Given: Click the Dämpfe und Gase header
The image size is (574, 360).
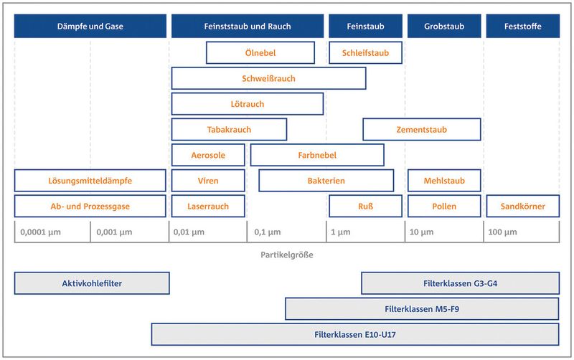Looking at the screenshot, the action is [90, 26].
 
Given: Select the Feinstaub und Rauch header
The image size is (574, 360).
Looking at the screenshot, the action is [248, 26].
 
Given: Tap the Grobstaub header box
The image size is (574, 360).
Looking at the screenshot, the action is [444, 26].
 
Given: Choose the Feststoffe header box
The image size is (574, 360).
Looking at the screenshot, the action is [523, 26].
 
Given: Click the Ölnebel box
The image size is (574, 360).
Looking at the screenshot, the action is [260, 52].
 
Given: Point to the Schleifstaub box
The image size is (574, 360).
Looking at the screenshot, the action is [365, 52].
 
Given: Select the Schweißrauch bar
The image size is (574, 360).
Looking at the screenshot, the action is [268, 78].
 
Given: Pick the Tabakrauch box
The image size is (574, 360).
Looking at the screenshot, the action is [229, 130].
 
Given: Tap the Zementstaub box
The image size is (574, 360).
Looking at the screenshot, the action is [422, 130].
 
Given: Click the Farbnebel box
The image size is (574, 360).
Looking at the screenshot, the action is [317, 155].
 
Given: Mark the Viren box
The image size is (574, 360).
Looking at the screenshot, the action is [208, 181].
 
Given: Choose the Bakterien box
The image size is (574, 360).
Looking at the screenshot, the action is [326, 181].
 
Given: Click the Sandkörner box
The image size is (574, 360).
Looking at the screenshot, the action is [523, 207].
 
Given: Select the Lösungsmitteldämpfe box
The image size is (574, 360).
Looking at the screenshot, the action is [90, 181].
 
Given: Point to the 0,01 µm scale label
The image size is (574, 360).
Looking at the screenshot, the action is [189, 232].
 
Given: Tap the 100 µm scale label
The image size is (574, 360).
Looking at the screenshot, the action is [503, 232].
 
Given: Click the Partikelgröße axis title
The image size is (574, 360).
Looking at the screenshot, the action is [287, 255].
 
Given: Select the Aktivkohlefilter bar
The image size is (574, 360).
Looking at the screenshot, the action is [92, 283].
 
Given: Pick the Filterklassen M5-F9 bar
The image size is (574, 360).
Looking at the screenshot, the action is [422, 309].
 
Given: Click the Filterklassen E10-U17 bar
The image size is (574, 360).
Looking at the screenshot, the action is [355, 334].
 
